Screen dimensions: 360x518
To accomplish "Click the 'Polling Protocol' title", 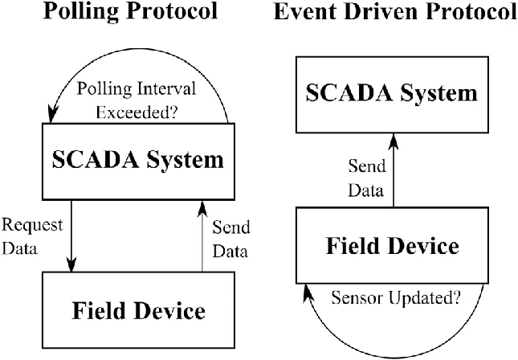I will click(129, 12).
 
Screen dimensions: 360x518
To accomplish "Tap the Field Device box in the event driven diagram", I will click(393, 245).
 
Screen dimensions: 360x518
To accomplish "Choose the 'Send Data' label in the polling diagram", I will click(231, 239).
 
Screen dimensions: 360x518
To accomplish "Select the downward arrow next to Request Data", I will click(73, 233).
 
